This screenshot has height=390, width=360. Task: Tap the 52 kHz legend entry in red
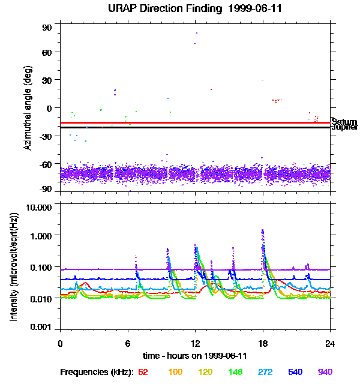coord(143,373)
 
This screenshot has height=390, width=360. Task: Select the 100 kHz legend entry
coord(175,373)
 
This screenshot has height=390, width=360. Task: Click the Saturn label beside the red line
coord(344,122)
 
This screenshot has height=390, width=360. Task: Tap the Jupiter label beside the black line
coord(344,128)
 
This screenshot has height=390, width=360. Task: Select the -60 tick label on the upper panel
coord(46,163)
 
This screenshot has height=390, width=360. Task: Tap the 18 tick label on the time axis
coord(263,343)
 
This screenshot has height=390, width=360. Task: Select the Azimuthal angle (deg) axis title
coord(27,108)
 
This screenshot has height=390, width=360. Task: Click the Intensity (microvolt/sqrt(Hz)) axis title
coord(14,268)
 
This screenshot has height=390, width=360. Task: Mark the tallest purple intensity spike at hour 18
coord(263,230)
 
